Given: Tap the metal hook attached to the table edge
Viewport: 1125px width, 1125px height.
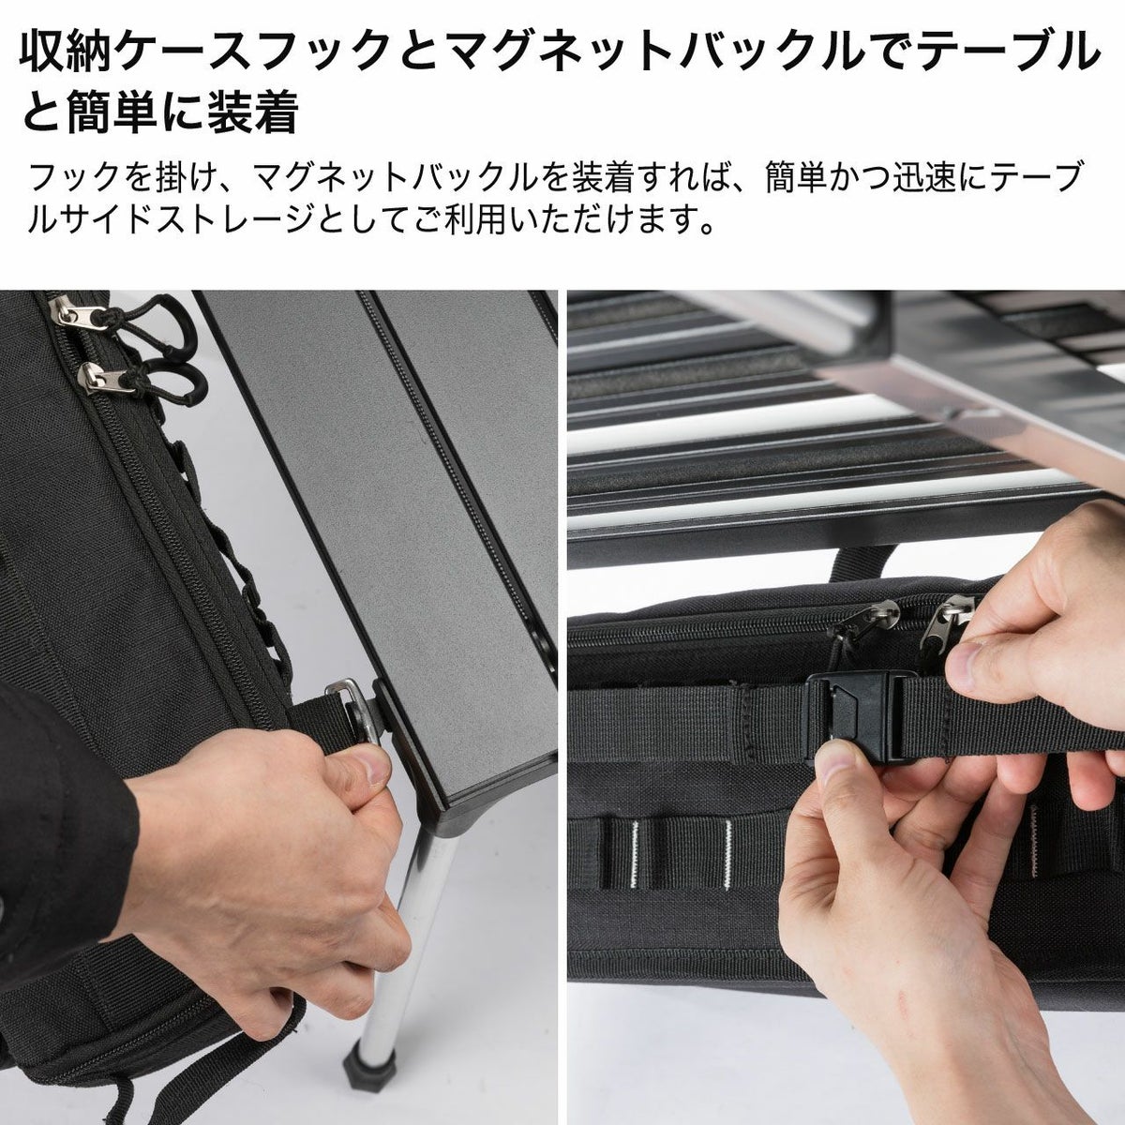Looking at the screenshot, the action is pyautogui.click(x=353, y=710).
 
